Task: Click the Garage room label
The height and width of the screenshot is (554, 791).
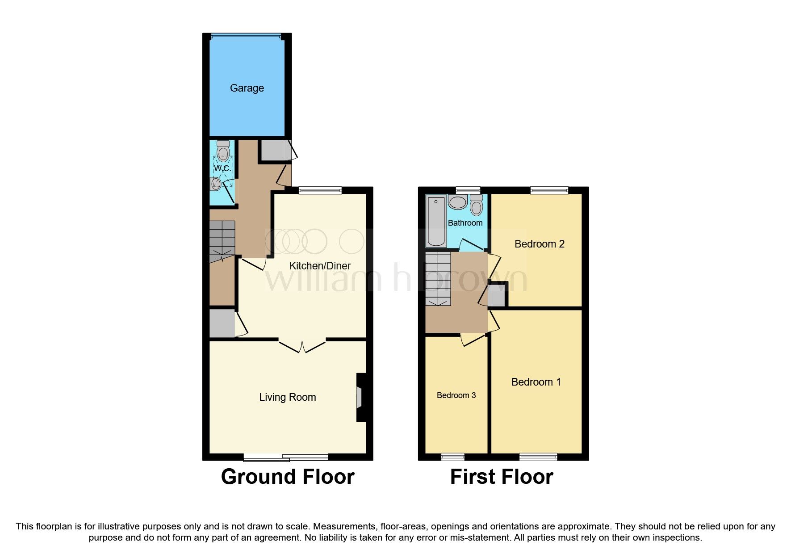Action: [x=247, y=88]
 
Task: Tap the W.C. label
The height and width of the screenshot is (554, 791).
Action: [x=222, y=168]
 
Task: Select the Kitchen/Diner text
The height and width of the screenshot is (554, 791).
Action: [x=320, y=266]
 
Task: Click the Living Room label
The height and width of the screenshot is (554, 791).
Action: [x=287, y=397]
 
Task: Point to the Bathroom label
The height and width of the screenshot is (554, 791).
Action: [x=465, y=222]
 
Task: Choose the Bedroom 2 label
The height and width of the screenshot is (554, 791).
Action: [x=539, y=244]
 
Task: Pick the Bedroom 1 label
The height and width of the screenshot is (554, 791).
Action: [x=536, y=382]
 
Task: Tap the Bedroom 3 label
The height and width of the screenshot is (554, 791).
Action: [x=456, y=395]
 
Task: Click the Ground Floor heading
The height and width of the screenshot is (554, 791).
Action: [x=288, y=477]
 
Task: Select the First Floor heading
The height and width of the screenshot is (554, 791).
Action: [x=501, y=477]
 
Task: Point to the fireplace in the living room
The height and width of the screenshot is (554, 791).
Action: [x=360, y=397]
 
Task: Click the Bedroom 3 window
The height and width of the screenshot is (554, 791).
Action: [x=452, y=457]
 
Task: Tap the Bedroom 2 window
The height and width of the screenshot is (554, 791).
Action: [x=549, y=190]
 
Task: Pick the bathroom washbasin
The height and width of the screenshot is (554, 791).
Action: [x=457, y=202]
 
